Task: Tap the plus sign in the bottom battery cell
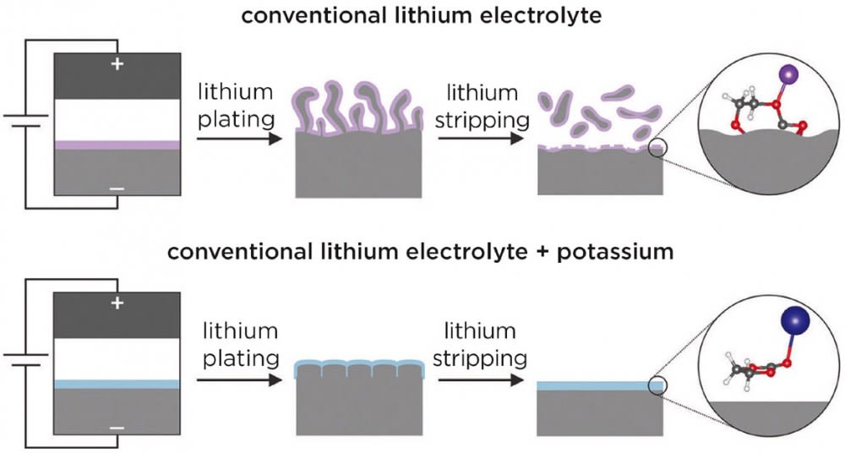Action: click(x=117, y=302)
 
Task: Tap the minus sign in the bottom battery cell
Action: click(x=117, y=428)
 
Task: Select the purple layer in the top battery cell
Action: click(x=117, y=145)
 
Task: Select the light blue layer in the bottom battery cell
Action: click(x=117, y=384)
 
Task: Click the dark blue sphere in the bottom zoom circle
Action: click(x=793, y=322)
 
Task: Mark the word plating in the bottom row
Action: click(x=238, y=359)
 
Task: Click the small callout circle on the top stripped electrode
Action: click(x=658, y=150)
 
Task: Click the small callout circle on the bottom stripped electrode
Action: click(x=658, y=386)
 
